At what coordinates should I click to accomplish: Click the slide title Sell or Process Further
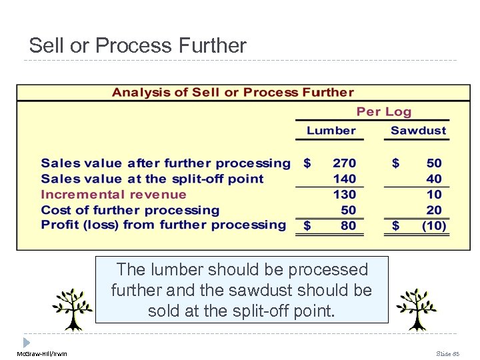(137, 45)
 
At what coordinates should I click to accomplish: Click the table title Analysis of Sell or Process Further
(233, 93)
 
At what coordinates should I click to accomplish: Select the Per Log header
(383, 112)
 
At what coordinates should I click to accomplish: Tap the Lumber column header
(331, 131)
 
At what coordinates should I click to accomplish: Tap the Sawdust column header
(418, 131)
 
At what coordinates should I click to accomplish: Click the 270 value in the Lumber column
(344, 163)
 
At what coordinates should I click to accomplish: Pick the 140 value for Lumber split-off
(344, 179)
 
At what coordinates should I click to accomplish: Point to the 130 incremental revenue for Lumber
(344, 195)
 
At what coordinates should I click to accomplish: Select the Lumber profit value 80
(348, 225)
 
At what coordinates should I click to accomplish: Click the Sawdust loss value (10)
(433, 225)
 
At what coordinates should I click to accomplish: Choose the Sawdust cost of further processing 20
(434, 210)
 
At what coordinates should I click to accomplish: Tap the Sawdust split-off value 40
(434, 179)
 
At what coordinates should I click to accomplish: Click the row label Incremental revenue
(113, 195)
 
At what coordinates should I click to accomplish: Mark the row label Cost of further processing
(130, 210)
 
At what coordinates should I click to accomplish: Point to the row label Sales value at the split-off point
(152, 179)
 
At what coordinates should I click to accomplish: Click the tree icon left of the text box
(72, 309)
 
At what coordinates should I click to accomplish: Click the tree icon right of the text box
(416, 309)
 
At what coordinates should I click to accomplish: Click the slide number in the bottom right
(447, 353)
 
